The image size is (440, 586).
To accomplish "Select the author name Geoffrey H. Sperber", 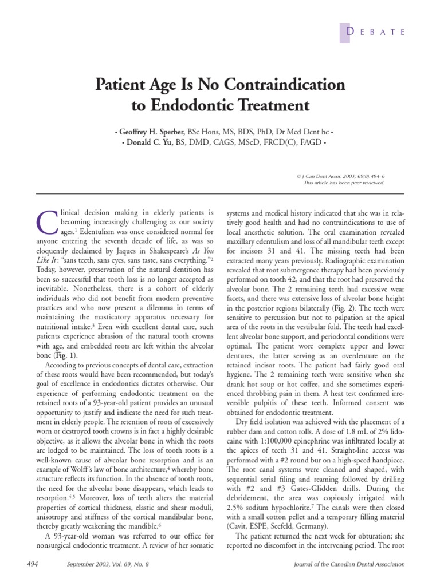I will [151, 132].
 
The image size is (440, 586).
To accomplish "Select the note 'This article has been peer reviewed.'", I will [344, 183].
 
